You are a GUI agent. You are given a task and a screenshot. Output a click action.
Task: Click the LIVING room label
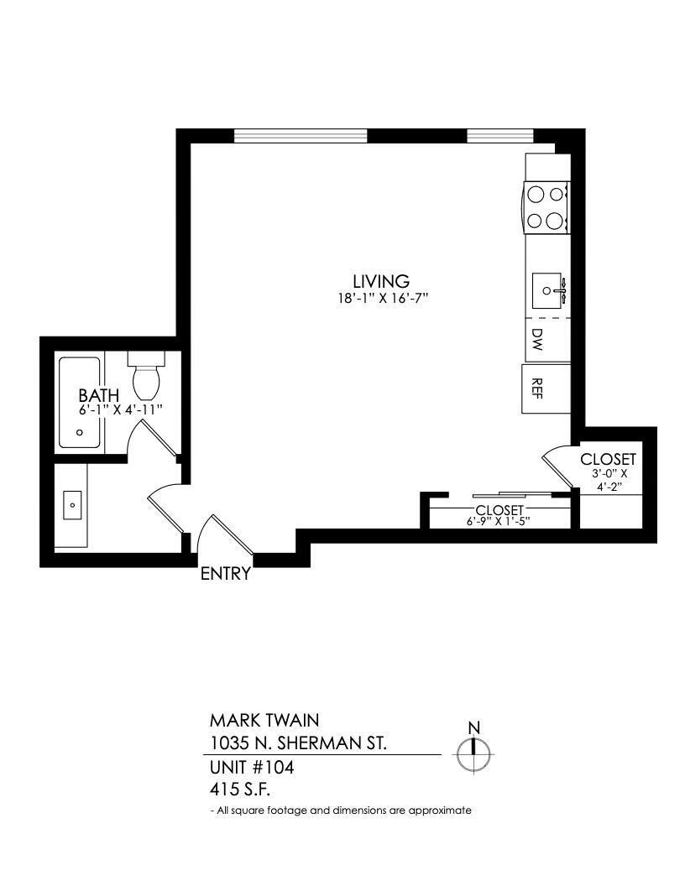tap(380, 281)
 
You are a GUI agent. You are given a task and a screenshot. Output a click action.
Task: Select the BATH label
tap(99, 394)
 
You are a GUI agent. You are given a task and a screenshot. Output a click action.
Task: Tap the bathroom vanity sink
tap(72, 505)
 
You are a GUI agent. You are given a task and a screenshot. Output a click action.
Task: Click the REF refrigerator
tap(537, 389)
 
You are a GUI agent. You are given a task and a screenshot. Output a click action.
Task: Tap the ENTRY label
tap(225, 575)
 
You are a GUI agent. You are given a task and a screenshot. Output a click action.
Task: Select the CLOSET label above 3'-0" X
tap(608, 459)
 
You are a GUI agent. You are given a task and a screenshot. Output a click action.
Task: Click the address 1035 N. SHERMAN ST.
tap(298, 743)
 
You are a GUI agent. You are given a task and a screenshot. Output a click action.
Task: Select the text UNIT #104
tap(251, 767)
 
